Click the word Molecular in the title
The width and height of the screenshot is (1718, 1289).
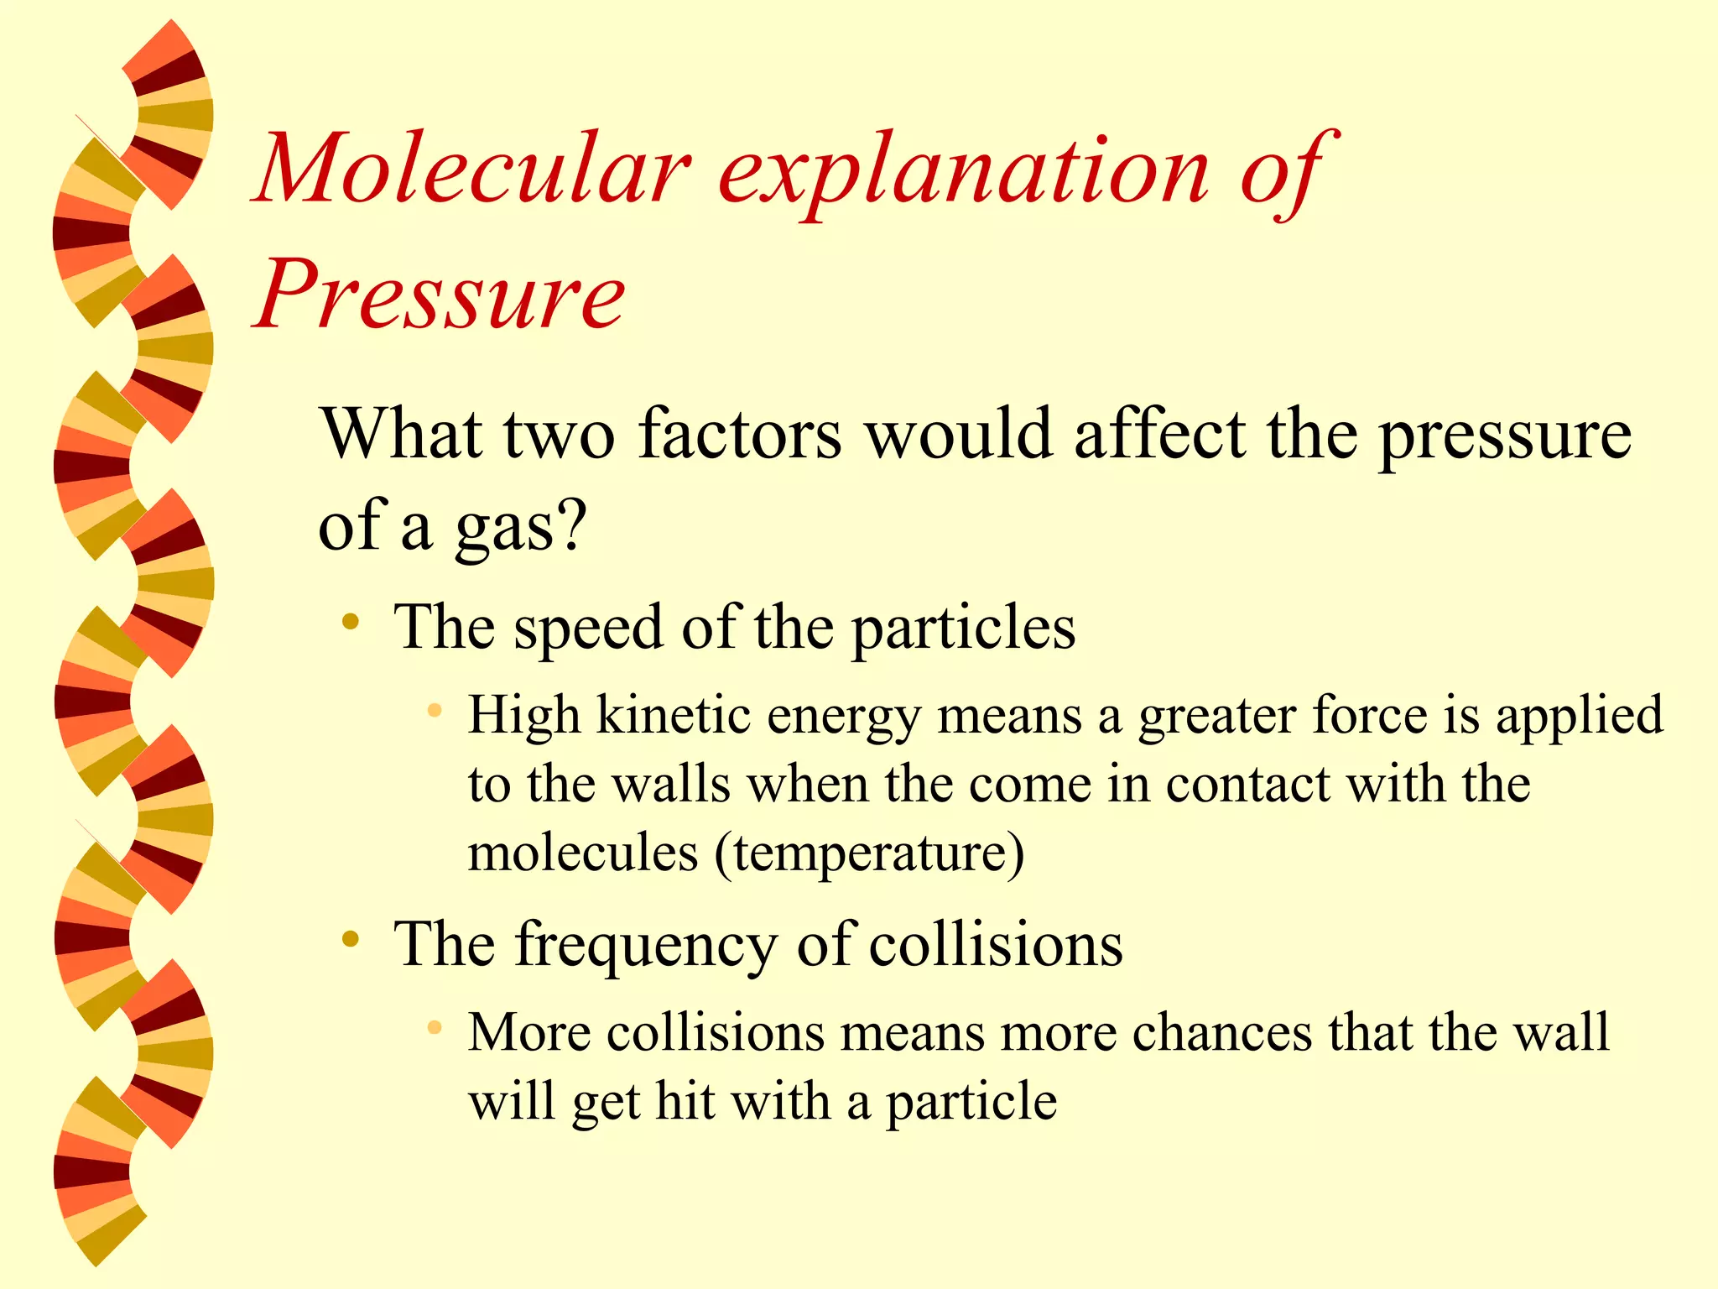475,170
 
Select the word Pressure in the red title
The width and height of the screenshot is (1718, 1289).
440,294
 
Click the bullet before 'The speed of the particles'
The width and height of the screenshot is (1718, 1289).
351,623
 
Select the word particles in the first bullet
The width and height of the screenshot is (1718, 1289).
964,629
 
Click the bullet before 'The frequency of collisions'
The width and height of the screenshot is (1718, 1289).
351,938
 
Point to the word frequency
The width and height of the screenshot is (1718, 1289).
646,947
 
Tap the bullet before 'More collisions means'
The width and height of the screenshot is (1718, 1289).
434,1027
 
